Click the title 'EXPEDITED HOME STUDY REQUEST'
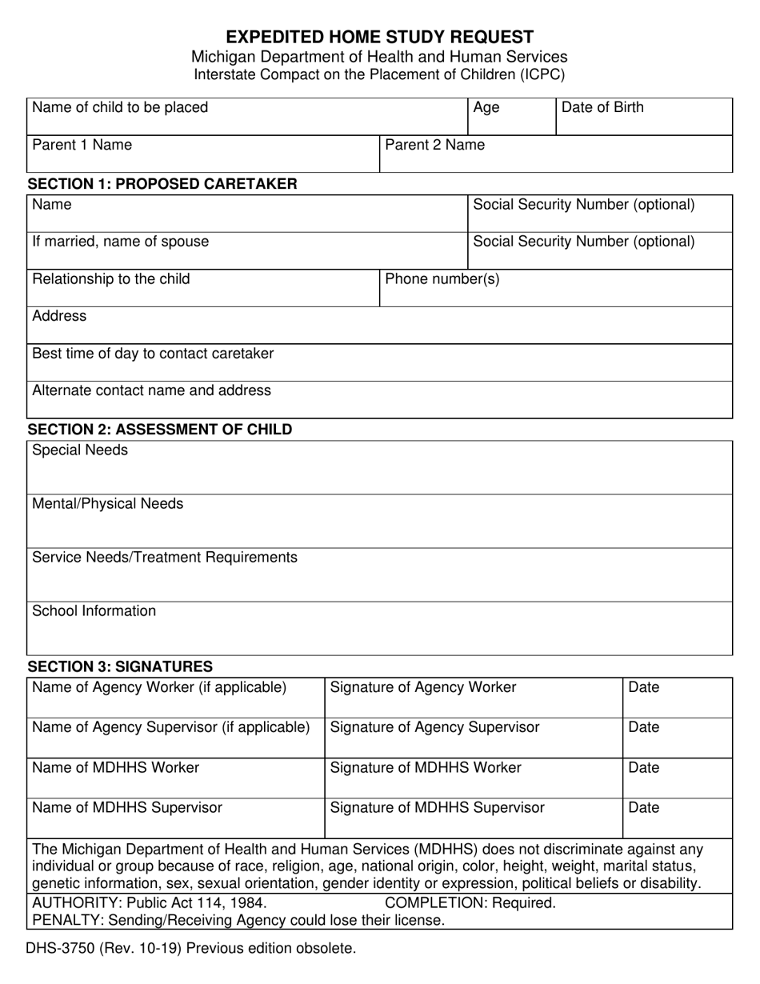379,37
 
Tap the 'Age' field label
486,108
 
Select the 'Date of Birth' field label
602,108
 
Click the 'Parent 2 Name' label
434,145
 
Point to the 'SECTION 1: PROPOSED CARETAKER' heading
162,184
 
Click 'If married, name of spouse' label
120,242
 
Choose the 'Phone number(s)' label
442,279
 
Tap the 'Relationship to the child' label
111,279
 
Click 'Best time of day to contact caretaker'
153,354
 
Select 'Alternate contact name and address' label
151,390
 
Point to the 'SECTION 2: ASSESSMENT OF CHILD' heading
160,430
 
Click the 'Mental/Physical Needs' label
107,504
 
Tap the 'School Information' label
94,611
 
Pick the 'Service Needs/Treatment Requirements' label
165,558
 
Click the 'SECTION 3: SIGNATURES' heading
120,666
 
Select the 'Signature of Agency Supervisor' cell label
434,727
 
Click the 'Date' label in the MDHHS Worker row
644,768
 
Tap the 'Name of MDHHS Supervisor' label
127,808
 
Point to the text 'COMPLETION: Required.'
470,903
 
